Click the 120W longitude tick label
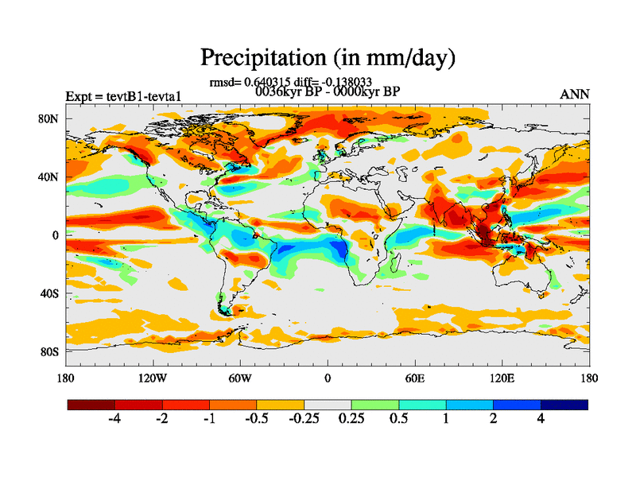tap(152, 377)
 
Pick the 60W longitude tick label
tap(239, 377)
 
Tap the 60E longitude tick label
tap(414, 377)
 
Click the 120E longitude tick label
tap(502, 377)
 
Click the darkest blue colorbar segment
tap(564, 405)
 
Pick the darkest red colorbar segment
tap(91, 405)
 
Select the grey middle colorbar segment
tap(328, 405)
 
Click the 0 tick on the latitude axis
tap(56, 235)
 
